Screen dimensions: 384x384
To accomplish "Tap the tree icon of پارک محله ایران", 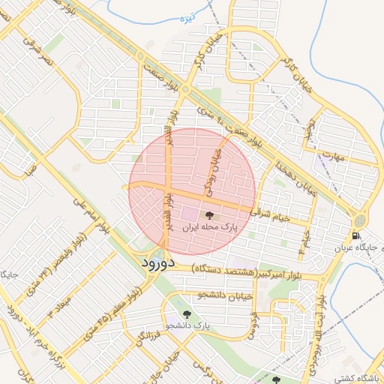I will (x=208, y=215).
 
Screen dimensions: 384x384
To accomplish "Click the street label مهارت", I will (x=336, y=157).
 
